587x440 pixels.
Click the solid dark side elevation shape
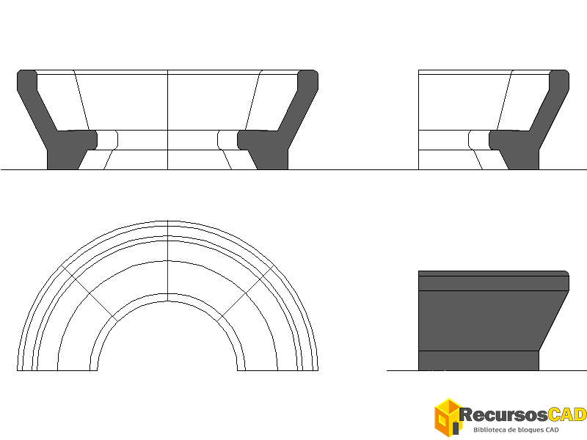(x=493, y=320)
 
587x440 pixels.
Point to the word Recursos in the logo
(x=503, y=415)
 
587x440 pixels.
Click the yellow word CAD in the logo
(x=567, y=414)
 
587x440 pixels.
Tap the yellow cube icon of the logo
(x=447, y=417)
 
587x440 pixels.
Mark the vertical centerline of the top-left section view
(x=167, y=120)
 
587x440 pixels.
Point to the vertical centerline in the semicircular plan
(x=167, y=261)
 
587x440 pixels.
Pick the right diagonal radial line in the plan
(x=246, y=293)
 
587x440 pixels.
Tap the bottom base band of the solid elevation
(x=478, y=361)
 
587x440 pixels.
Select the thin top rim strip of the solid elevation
(x=493, y=274)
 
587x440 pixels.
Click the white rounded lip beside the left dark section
(x=108, y=140)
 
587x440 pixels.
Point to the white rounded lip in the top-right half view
(x=479, y=140)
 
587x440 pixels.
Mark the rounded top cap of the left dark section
(x=27, y=80)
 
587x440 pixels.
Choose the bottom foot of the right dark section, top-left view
(x=272, y=160)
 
